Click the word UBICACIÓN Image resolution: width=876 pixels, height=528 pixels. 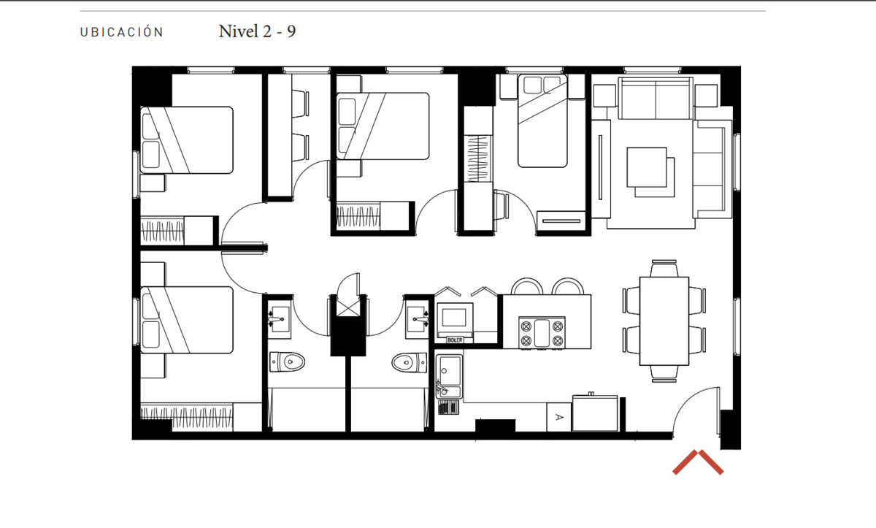coord(122,32)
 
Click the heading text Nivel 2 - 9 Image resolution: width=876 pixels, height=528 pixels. coord(257,31)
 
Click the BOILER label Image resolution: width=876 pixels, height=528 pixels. coord(455,340)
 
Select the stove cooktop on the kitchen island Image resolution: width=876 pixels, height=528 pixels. coord(542,332)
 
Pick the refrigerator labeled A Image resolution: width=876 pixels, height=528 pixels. coord(558,417)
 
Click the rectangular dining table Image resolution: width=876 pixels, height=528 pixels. coord(664,321)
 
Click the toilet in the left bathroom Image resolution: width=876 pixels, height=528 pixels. coord(288,361)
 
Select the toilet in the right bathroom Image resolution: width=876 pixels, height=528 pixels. coord(409,362)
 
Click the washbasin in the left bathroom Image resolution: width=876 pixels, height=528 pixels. coord(279,319)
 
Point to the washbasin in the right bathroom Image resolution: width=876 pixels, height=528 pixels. coord(418,319)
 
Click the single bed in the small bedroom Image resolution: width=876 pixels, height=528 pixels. coord(542,120)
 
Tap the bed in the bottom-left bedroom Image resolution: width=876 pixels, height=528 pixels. coord(187,320)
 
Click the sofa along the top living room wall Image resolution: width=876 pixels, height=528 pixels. coord(656,98)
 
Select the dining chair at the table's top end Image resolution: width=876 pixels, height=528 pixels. coord(664,268)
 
